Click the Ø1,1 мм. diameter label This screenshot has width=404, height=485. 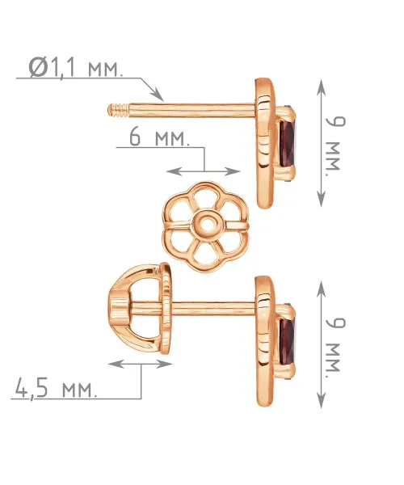click(76, 67)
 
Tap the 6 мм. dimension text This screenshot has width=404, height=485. click(159, 137)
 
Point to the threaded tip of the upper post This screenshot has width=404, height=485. click(119, 111)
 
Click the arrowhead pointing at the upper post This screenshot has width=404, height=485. click(158, 95)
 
